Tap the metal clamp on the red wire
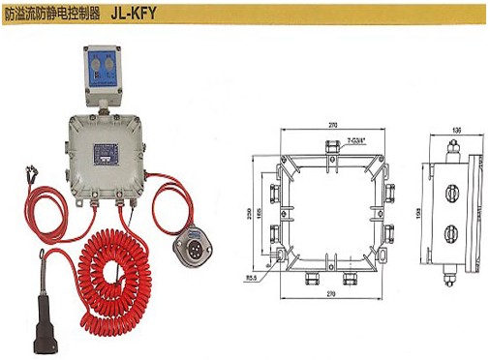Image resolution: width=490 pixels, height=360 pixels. click(x=29, y=176)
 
